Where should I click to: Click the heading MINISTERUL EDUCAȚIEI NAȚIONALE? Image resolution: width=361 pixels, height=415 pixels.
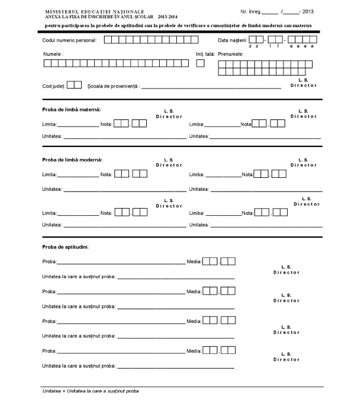[x=90, y=11]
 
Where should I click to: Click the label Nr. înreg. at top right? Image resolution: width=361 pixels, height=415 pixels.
[x=250, y=11]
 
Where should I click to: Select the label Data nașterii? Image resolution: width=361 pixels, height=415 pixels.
[x=232, y=40]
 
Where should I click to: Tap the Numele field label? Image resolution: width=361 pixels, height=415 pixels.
[x=53, y=54]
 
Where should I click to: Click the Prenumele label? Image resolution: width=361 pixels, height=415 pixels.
[x=230, y=54]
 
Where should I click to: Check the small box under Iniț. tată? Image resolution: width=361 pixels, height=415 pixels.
[x=200, y=63]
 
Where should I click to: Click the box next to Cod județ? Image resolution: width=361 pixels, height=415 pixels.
[x=74, y=85]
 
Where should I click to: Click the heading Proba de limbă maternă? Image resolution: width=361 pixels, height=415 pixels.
[x=72, y=110]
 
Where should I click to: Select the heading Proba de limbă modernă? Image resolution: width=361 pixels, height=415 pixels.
[x=72, y=159]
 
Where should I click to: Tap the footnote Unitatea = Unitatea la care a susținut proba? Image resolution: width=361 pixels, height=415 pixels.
[x=91, y=392]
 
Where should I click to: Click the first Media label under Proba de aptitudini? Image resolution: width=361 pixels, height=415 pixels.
[x=194, y=260]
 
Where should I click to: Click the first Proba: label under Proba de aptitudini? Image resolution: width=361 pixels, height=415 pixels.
[x=50, y=261]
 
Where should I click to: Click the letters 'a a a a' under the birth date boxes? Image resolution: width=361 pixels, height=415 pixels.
[x=305, y=46]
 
